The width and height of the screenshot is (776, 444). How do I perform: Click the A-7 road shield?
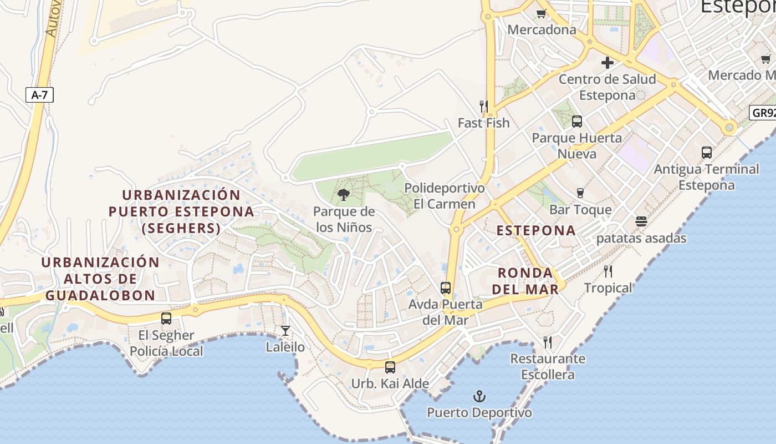point(39,95)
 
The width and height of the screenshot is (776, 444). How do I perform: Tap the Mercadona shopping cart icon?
point(542,13)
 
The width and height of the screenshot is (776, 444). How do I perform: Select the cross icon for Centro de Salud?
point(607,63)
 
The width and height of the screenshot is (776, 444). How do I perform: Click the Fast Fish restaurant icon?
point(483,105)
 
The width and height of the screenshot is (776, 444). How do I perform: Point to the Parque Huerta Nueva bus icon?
point(577,121)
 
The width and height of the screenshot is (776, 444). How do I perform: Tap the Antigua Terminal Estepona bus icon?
point(706,152)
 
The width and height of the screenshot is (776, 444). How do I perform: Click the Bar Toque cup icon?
point(580,193)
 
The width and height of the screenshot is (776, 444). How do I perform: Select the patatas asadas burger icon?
point(641,221)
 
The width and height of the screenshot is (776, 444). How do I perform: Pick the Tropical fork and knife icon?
point(608,271)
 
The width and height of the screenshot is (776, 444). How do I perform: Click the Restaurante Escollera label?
point(548,366)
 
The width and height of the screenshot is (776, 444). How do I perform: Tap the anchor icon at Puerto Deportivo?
point(479,396)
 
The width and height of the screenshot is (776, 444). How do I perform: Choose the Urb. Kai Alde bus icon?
point(390,367)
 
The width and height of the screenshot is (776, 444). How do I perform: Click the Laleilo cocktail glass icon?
point(285,331)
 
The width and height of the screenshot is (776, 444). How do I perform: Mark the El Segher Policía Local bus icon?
point(166,319)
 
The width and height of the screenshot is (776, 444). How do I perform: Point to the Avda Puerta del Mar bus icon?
point(446,287)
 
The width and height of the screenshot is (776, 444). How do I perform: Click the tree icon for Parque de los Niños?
point(344,194)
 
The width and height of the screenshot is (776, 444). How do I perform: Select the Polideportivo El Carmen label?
point(445,196)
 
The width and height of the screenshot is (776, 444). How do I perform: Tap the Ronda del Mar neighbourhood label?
point(525,281)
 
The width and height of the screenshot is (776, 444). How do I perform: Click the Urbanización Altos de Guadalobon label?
point(100,279)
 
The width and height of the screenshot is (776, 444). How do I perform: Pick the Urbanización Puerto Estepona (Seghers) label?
point(181,211)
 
